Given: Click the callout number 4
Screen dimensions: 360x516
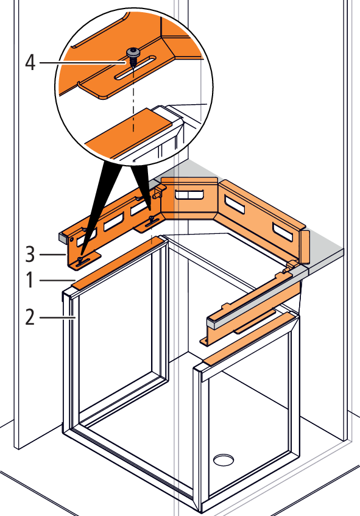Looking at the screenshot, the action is [30, 63].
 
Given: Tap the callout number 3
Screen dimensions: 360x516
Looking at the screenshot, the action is [30, 255].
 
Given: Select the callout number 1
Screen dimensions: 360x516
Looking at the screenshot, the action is [30, 280].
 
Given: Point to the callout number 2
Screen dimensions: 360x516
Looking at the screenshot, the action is [30, 318].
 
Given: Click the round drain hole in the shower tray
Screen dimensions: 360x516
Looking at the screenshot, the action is [224, 460].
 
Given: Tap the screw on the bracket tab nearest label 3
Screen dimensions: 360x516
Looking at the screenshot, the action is [80, 260].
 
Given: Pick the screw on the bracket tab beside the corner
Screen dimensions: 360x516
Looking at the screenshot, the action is [152, 219].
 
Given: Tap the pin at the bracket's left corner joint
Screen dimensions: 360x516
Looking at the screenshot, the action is [155, 195].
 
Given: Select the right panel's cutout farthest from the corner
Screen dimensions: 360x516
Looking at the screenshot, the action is [283, 231].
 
